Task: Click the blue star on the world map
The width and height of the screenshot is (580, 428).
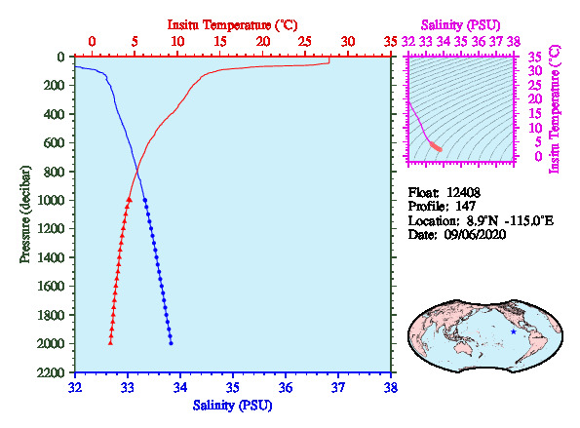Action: [x=513, y=331]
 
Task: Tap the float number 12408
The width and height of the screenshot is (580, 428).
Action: [x=463, y=192]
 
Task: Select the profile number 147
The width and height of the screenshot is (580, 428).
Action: [x=465, y=206]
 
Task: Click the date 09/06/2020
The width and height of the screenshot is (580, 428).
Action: [x=475, y=235]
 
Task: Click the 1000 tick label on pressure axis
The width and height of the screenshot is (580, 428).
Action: [x=51, y=200]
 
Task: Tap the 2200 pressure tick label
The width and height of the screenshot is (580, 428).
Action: [x=51, y=372]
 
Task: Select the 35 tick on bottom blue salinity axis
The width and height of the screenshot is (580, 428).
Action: [x=233, y=387]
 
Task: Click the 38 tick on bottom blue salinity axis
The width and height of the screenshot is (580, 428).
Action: [x=391, y=387]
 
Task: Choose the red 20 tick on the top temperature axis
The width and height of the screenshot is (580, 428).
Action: [x=262, y=41]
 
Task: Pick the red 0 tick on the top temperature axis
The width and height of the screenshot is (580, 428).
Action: [x=92, y=41]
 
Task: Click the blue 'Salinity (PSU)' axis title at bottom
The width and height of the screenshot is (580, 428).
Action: [x=232, y=406]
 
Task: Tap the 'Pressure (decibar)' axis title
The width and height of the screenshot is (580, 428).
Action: [x=24, y=214]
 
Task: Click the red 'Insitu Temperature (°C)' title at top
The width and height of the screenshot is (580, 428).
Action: [x=232, y=25]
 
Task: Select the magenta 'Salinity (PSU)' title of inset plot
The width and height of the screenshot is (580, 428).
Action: [x=460, y=25]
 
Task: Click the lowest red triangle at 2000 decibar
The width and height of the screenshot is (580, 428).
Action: [x=110, y=342]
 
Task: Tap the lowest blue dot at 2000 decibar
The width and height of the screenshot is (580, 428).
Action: [x=171, y=343]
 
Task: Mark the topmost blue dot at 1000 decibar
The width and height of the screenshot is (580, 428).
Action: [x=145, y=200]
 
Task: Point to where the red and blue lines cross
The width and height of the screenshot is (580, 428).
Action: [x=137, y=171]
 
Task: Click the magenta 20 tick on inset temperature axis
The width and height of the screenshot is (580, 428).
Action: [x=535, y=98]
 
